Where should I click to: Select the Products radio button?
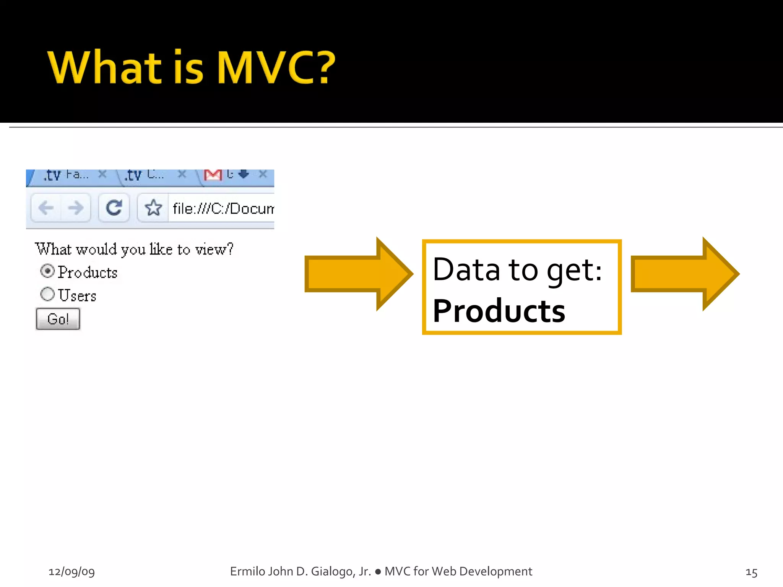[x=47, y=271]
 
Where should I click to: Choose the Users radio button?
[x=47, y=294]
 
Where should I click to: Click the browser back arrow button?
[x=46, y=208]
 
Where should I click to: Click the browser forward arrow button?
[x=76, y=208]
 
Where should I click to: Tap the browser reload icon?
[x=114, y=208]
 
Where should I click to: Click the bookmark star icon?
[x=153, y=208]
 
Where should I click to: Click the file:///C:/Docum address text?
[x=223, y=209]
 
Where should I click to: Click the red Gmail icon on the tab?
[x=213, y=175]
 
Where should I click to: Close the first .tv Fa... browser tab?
[x=102, y=174]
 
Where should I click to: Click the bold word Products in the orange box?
[x=499, y=311]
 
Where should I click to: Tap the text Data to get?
[x=517, y=270]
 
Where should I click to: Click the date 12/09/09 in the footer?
[x=71, y=571]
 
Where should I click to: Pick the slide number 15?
[x=751, y=572]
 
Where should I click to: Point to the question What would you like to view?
[x=134, y=250]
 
